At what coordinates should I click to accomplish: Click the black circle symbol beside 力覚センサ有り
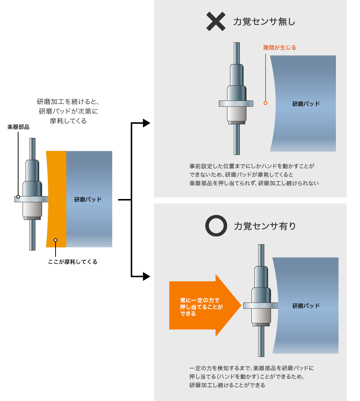[x=216, y=226]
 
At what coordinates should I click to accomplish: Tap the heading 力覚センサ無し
[x=264, y=22]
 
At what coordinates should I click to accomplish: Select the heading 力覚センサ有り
[x=265, y=226]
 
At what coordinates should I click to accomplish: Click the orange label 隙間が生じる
[x=280, y=48]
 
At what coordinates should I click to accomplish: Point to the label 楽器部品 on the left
[x=19, y=127]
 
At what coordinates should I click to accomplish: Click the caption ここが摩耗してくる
[x=73, y=262]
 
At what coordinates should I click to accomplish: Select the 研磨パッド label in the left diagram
[x=88, y=199]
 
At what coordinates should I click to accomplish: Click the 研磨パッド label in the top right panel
[x=306, y=104]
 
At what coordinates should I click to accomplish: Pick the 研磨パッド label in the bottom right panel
[x=306, y=306]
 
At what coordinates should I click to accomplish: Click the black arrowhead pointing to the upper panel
[x=146, y=123]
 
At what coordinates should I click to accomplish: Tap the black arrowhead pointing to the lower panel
[x=146, y=276]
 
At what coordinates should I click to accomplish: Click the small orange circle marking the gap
[x=265, y=103]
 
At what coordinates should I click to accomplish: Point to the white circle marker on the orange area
[x=56, y=240]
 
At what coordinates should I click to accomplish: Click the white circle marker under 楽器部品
[x=18, y=197]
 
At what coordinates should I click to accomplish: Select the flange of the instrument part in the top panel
[x=236, y=104]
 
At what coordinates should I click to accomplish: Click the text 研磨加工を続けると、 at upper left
[x=68, y=102]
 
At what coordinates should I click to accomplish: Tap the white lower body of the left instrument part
[x=31, y=209]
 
